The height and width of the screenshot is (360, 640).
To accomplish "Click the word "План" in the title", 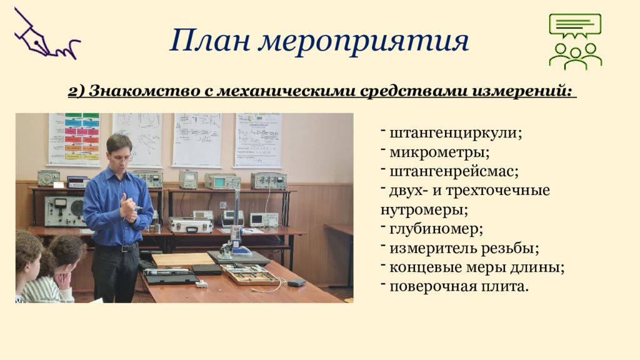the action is pos(210,41).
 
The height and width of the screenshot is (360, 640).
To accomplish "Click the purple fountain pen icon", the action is pos(46,34).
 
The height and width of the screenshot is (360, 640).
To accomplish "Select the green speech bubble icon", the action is pos(575,25).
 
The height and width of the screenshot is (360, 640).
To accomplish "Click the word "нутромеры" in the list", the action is pos(424,210).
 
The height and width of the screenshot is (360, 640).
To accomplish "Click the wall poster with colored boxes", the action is pos(74,139).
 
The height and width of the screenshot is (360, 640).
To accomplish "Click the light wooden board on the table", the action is pos(183,259).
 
